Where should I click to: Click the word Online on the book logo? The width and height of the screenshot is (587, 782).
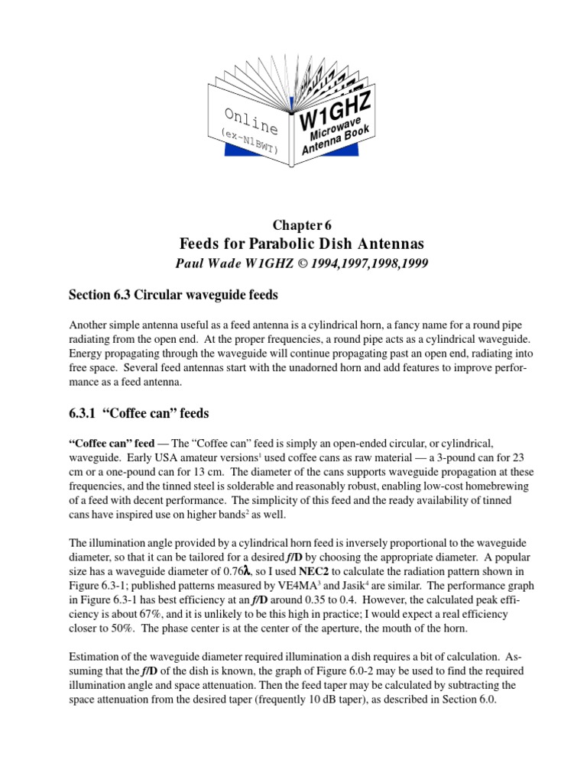[x=251, y=122]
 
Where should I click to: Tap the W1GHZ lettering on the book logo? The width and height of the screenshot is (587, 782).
[x=336, y=111]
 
